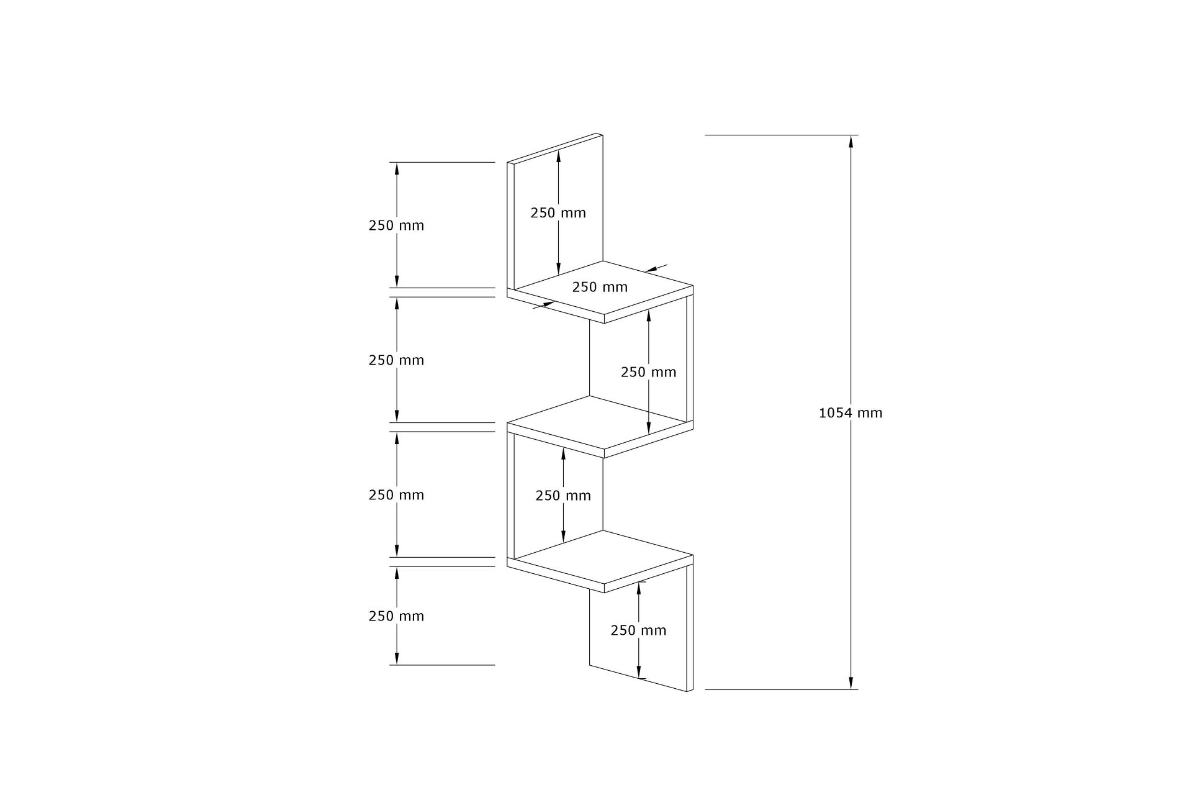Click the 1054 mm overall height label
coord(850,413)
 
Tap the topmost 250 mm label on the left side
coord(396,225)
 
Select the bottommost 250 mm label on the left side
coord(396,616)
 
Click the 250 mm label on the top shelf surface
coord(600,287)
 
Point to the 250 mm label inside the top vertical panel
coord(558,212)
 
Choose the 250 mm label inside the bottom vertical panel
coord(638,630)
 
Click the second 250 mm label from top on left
coord(396,360)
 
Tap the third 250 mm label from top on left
coord(396,495)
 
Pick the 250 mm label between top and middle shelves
coord(648,372)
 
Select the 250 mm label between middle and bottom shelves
coord(563,496)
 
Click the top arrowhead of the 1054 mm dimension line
coord(851,141)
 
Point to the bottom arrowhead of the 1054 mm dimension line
coord(851,683)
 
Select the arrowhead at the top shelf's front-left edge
coord(549,304)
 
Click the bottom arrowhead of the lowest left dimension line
coord(396,660)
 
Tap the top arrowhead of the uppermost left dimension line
coord(396,168)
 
